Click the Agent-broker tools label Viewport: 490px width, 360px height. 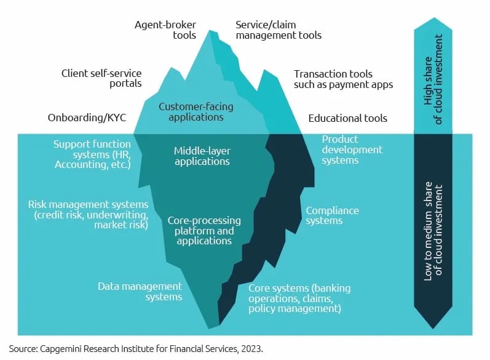(165, 30)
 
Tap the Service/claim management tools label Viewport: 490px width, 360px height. (279, 30)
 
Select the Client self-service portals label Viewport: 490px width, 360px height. (101, 78)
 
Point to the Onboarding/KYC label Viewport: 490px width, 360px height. (87, 118)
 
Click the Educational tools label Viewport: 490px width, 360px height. (347, 118)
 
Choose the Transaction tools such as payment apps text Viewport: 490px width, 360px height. (343, 79)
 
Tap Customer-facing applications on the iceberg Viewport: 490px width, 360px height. (196, 111)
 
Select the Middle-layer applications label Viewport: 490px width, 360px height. (202, 156)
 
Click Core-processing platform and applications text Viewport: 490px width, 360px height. (204, 231)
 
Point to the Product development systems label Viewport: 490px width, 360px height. (352, 150)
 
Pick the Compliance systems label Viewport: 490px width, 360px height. (332, 215)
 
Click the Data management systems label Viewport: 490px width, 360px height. (140, 291)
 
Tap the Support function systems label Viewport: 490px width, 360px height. (92, 154)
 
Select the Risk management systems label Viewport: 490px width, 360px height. (88, 215)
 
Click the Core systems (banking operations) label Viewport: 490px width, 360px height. (299, 298)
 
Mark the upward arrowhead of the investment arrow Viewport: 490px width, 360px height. (433, 24)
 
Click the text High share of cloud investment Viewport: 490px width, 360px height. (433, 79)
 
